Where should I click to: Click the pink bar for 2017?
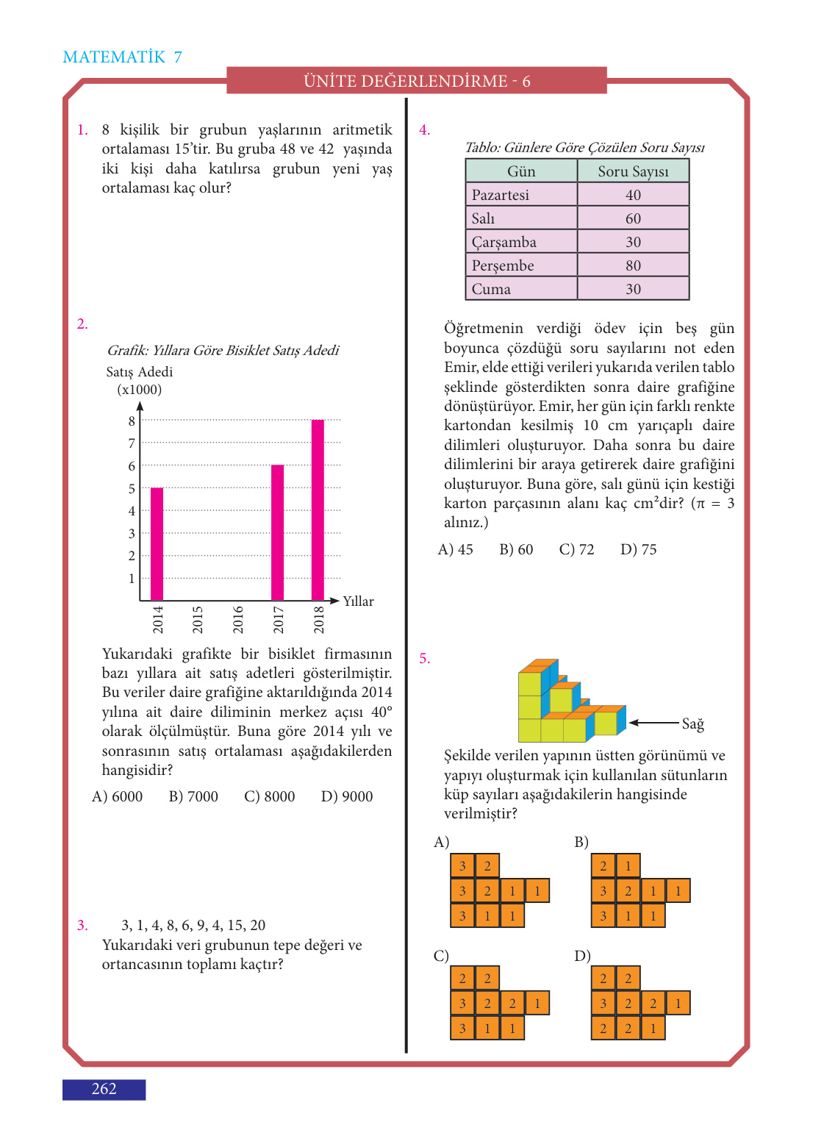tap(277, 532)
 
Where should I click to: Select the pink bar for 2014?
tap(157, 544)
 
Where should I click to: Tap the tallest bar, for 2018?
tap(318, 510)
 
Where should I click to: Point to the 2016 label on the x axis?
tap(238, 620)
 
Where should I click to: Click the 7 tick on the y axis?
tap(132, 443)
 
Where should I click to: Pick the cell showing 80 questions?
tap(633, 265)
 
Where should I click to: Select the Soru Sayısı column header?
tap(633, 171)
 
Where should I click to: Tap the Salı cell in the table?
tap(484, 218)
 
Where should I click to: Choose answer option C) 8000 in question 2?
tap(270, 796)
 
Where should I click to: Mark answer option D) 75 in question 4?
tap(638, 549)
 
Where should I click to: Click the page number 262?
tap(104, 1089)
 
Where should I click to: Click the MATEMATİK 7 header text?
tap(123, 57)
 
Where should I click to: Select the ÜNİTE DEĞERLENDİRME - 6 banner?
tap(417, 81)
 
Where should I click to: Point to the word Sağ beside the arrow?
tap(692, 723)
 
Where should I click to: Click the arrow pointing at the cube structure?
tap(653, 723)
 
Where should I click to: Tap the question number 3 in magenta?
tap(82, 925)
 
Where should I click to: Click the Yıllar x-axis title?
tap(358, 601)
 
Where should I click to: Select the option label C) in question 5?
tap(441, 955)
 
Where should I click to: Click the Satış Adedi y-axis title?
tap(140, 372)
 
